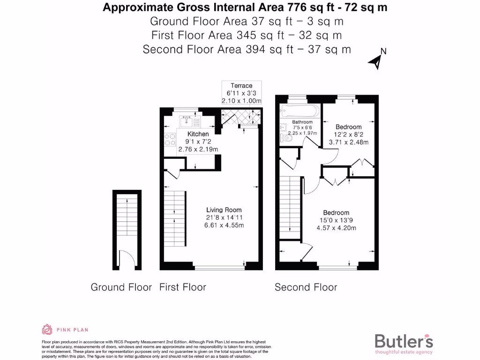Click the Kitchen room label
tap(198, 134)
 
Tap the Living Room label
tap(224, 210)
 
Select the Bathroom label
tap(302, 122)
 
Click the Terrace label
tap(241, 85)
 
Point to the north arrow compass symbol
tap(376, 60)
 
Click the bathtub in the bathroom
tap(300, 112)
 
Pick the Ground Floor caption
tap(121, 287)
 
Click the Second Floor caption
tap(306, 287)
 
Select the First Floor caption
tap(182, 287)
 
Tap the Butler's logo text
tap(404, 341)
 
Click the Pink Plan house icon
tap(47, 330)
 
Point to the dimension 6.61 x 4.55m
tap(224, 225)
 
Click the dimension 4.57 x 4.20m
tap(336, 228)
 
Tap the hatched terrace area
tap(236, 115)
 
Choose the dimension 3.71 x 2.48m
tap(348, 142)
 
